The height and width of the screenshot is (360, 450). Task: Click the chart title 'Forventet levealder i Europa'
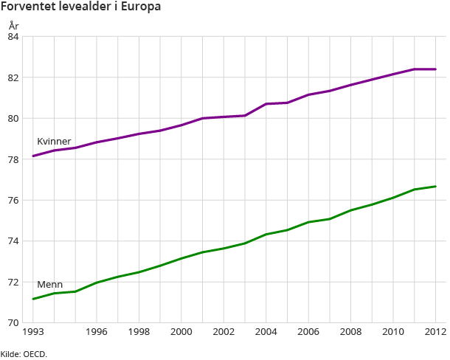[81, 7]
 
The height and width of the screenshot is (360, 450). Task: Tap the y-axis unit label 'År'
[13, 25]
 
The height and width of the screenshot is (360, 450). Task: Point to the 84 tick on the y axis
[13, 36]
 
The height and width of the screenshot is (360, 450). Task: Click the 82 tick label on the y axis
[13, 77]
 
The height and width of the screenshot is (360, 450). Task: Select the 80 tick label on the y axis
[13, 118]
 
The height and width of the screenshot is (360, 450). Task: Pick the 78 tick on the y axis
[13, 159]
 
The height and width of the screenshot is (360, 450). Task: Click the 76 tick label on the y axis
[13, 200]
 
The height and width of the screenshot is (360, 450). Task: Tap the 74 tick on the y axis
[13, 241]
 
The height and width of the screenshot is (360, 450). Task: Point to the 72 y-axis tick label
[13, 282]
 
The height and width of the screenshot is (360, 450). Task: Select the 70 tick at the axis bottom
[13, 323]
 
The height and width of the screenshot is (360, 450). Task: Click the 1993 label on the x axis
[33, 333]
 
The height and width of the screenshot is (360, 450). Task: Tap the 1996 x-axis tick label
[97, 333]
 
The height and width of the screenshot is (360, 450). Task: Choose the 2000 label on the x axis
[181, 333]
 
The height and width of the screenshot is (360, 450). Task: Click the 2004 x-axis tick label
[266, 333]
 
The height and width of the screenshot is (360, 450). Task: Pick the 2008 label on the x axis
[351, 333]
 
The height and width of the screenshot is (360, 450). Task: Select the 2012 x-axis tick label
[435, 333]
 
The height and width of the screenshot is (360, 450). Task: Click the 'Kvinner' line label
[54, 142]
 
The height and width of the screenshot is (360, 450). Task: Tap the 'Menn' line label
[49, 285]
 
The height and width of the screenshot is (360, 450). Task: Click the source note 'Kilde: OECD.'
[24, 354]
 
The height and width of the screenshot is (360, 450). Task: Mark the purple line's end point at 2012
[435, 69]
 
